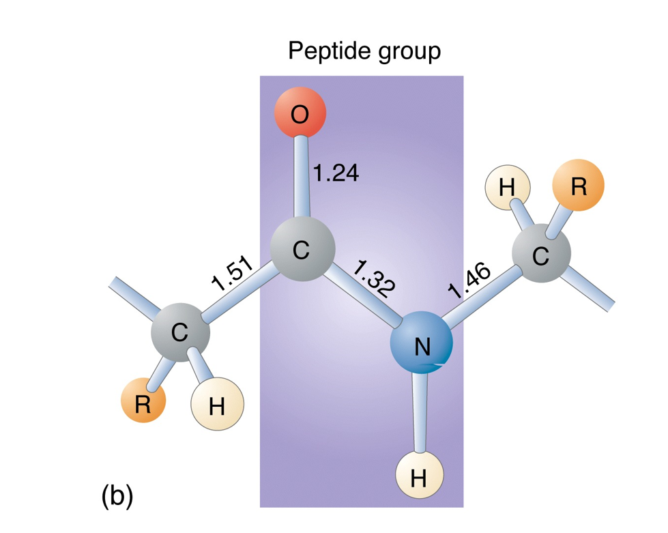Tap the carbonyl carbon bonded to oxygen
[x=302, y=250]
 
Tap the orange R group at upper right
[x=578, y=186]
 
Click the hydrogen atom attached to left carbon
[x=216, y=406]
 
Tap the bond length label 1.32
[x=374, y=280]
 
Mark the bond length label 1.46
[x=470, y=281]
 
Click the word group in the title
[x=407, y=52]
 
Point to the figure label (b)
[x=117, y=495]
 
